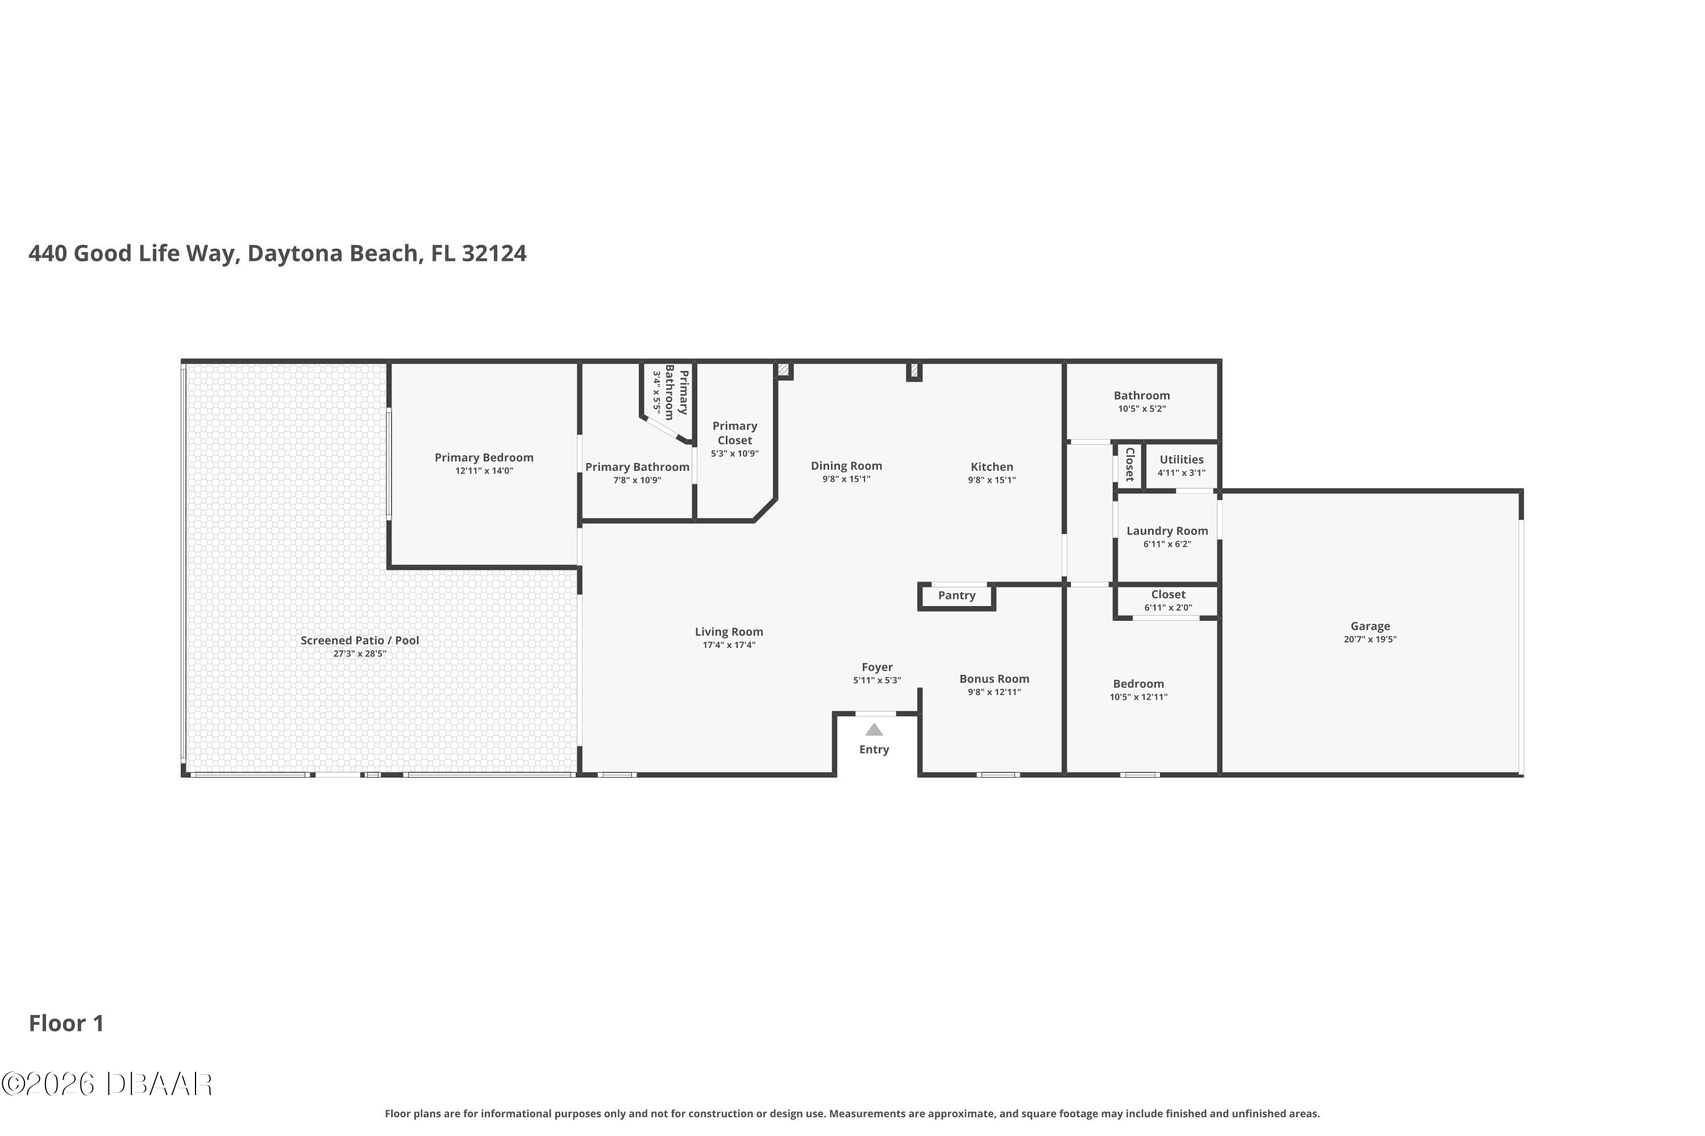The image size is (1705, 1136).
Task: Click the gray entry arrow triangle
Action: pyautogui.click(x=874, y=729)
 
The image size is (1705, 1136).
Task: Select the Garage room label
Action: pyautogui.click(x=1370, y=626)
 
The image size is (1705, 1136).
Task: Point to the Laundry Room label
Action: pyautogui.click(x=1167, y=531)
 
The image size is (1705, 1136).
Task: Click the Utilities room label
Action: pyautogui.click(x=1182, y=460)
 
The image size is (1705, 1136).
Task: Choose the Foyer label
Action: pyautogui.click(x=877, y=667)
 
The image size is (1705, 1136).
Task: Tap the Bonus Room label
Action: pyautogui.click(x=995, y=679)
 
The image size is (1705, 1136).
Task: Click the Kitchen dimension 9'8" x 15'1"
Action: pyautogui.click(x=992, y=479)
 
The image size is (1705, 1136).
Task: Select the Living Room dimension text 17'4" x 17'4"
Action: pyautogui.click(x=729, y=645)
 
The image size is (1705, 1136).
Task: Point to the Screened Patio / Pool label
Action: pyautogui.click(x=360, y=641)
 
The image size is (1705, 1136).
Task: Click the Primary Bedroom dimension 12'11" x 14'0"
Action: pyautogui.click(x=484, y=471)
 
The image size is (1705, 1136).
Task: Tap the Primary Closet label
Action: pyautogui.click(x=735, y=433)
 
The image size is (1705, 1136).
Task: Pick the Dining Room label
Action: pyautogui.click(x=847, y=466)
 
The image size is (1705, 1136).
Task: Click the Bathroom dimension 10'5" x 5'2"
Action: pyautogui.click(x=1142, y=408)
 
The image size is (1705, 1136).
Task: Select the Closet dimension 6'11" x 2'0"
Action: pyautogui.click(x=1168, y=608)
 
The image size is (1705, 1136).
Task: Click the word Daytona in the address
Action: pyautogui.click(x=295, y=253)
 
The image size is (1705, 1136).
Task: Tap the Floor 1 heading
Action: pyautogui.click(x=66, y=1023)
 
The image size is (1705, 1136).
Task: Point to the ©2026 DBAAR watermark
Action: pyautogui.click(x=107, y=1084)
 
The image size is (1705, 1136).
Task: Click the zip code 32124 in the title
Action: pyautogui.click(x=494, y=253)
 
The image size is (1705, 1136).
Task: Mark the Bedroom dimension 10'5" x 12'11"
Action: pyautogui.click(x=1138, y=697)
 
